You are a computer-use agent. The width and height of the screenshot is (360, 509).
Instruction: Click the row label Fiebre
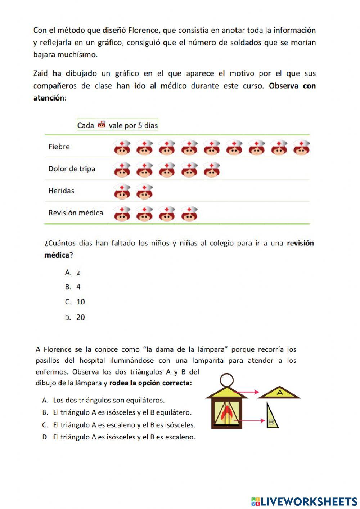point(59,147)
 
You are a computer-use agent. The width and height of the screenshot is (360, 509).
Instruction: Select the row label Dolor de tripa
point(72,169)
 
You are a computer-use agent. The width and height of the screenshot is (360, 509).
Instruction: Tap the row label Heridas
point(61,191)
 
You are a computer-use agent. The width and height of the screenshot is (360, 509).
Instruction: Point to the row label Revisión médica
point(76,213)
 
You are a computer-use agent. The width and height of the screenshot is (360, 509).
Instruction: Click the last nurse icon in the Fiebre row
point(301,148)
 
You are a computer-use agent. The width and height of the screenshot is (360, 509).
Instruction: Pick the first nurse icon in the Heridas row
point(122,192)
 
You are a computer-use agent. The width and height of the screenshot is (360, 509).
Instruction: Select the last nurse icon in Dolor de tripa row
point(212,170)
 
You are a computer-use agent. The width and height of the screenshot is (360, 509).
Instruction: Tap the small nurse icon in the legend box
point(102,125)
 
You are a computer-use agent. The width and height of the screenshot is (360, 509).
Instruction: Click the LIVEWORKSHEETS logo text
point(309,501)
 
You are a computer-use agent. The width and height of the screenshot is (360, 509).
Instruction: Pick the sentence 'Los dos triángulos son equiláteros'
point(109,400)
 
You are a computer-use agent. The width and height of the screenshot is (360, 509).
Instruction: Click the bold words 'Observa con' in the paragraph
point(292,86)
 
